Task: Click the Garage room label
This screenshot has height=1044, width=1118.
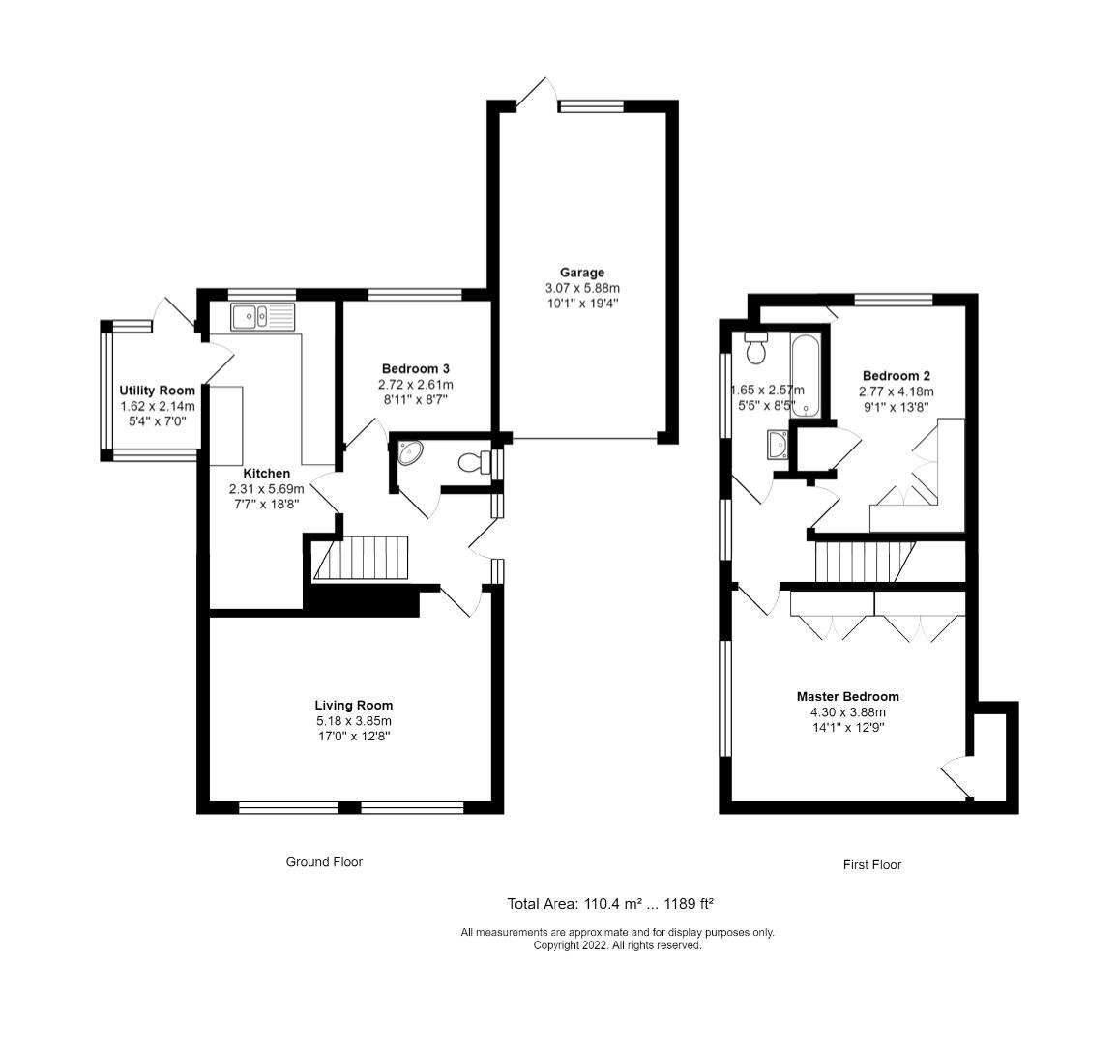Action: pos(582,273)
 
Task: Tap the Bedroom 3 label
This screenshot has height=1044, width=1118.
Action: pos(416,368)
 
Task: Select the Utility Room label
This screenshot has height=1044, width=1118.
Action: pos(157,391)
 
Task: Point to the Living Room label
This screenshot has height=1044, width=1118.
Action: pos(354,705)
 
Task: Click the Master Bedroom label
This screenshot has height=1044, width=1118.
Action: pos(848,696)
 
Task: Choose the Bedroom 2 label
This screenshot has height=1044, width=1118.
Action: pos(897,376)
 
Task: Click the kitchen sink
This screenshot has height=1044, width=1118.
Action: pos(262,316)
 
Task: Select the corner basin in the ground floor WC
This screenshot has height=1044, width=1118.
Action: pos(408,451)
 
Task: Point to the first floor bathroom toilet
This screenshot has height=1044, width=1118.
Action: pos(754,347)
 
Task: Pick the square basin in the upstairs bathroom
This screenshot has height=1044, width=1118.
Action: pos(778,445)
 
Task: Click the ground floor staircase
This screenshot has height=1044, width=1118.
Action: pos(360,558)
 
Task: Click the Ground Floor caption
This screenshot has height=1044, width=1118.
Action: pos(324,861)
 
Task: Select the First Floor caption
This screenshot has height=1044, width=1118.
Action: pos(872,864)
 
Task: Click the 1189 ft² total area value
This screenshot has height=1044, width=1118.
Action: pos(689,904)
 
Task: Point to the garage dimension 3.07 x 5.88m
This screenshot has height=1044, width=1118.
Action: pos(582,289)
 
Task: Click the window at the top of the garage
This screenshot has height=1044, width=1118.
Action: pos(592,106)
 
